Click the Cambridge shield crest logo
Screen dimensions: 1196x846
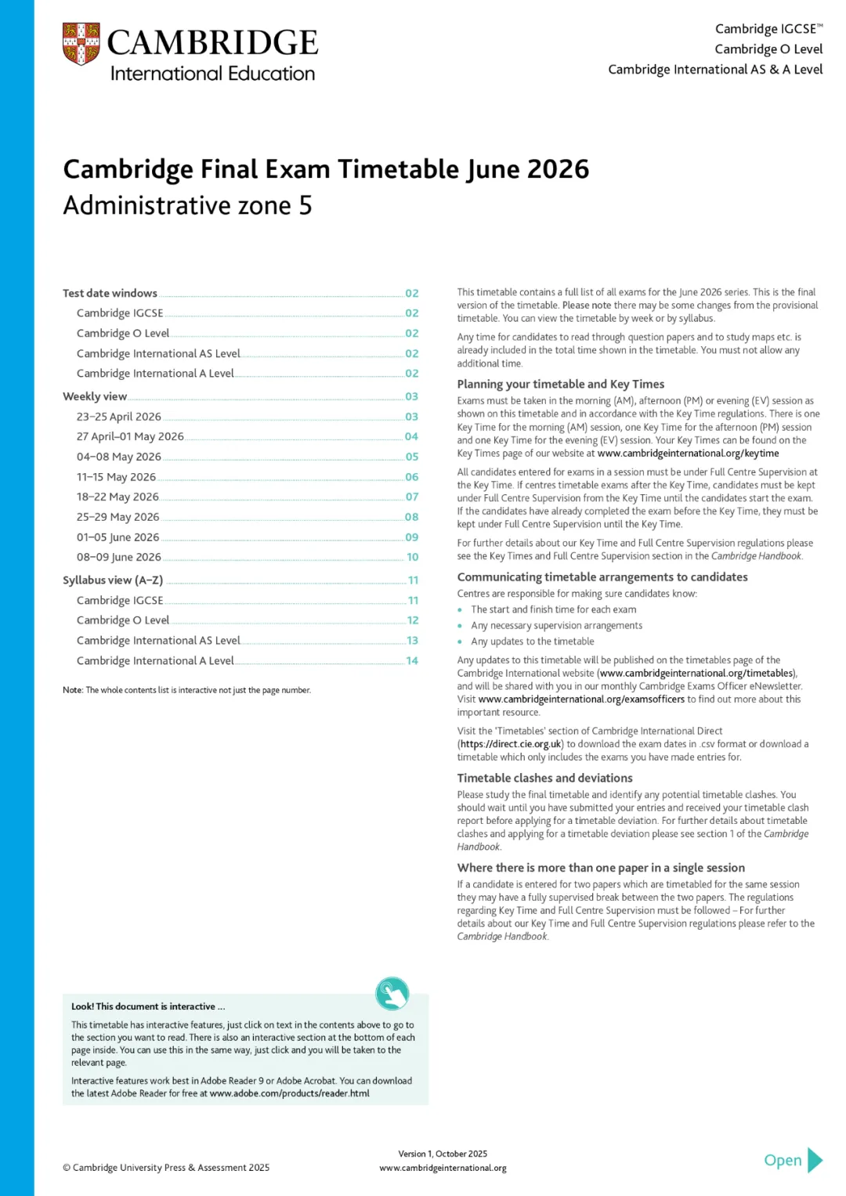[81, 44]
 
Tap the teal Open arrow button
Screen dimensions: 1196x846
[794, 1160]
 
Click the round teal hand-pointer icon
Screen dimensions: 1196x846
[392, 993]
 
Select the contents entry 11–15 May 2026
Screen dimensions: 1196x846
[116, 477]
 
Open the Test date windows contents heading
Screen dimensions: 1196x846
[110, 294]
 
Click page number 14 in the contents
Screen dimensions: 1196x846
[412, 661]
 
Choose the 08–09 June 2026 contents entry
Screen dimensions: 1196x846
[119, 558]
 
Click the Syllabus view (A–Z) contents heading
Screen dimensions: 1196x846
[113, 580]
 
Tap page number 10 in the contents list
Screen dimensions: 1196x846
[412, 558]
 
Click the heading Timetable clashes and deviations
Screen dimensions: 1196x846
[544, 779]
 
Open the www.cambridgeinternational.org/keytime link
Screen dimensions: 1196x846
[688, 453]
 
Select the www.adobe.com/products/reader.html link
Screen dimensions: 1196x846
[289, 1093]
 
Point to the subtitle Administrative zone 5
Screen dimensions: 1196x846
[187, 206]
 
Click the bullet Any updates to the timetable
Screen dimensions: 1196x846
[532, 641]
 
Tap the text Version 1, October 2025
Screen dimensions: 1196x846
[443, 1154]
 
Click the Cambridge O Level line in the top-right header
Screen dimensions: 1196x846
[768, 49]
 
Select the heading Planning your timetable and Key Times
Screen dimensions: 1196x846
[560, 385]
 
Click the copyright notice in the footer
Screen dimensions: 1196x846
[166, 1168]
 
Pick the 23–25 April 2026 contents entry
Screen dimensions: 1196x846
[119, 417]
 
